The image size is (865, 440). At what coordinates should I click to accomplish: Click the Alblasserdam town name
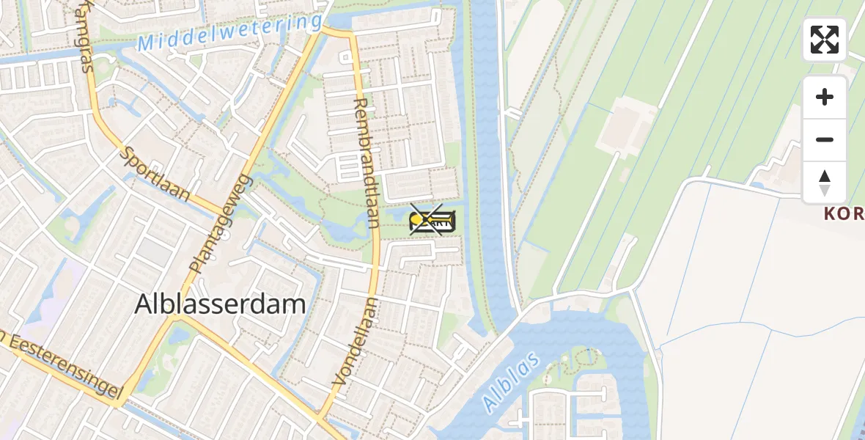tap(220, 304)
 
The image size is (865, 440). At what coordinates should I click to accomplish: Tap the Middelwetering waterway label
tap(229, 33)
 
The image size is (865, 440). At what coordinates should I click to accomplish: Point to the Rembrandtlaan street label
tap(364, 162)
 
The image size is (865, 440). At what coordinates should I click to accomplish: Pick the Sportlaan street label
tap(155, 175)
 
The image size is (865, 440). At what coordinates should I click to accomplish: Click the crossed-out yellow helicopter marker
tap(432, 220)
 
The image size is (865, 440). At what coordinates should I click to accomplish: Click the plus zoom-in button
tap(825, 98)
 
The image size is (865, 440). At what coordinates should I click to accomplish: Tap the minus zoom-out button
tap(825, 139)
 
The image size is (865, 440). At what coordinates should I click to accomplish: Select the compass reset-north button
tap(825, 182)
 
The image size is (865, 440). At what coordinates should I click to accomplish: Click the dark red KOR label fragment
tap(844, 213)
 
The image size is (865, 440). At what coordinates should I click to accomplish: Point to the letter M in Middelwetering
tap(145, 44)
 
